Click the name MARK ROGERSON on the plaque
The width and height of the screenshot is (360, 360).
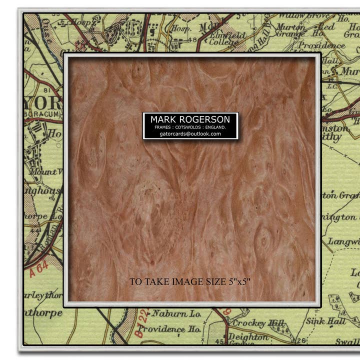coord(190,119)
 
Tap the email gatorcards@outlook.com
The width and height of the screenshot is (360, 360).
coord(190,133)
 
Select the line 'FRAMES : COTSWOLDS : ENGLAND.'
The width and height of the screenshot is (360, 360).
coord(190,127)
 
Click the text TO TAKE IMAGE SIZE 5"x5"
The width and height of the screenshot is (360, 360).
coord(190,282)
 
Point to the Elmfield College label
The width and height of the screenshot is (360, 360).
coord(227,39)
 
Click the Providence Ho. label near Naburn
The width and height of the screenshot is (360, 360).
coord(169,329)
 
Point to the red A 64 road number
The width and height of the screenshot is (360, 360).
coord(38,269)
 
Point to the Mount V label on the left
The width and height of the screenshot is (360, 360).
coord(45,172)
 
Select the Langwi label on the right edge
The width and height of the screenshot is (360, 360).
coord(342,242)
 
